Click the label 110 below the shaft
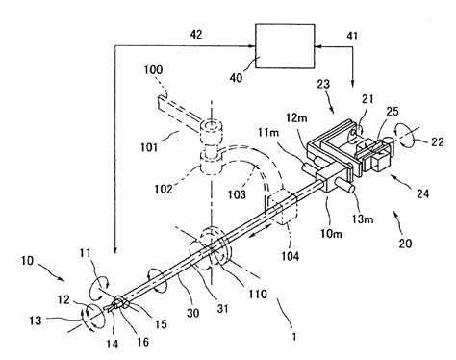click(x=230, y=289)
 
